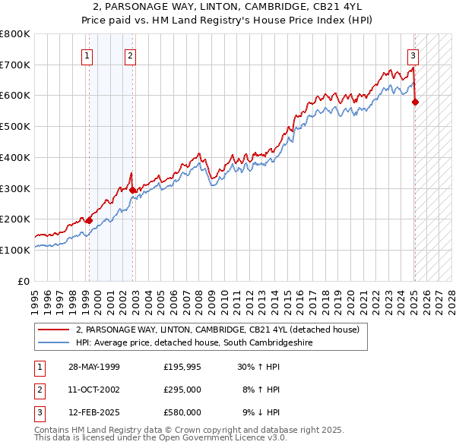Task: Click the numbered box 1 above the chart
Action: click(x=87, y=55)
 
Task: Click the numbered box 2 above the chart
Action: click(x=131, y=55)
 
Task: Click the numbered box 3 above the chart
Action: click(x=413, y=55)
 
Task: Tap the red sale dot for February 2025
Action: click(x=416, y=102)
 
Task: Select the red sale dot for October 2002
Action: click(x=132, y=190)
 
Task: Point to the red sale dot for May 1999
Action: click(x=90, y=220)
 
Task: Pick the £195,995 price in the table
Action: click(x=182, y=367)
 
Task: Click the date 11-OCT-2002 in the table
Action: click(x=94, y=390)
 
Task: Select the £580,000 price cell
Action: click(x=182, y=412)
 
